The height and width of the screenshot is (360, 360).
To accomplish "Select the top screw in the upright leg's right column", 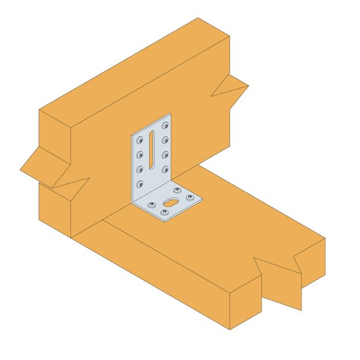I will pos(166,126).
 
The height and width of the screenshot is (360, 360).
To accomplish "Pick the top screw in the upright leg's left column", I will pos(140,140).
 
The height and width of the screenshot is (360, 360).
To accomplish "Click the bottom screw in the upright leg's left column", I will pos(140,184).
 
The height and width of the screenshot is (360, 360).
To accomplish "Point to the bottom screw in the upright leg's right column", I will pos(166,169).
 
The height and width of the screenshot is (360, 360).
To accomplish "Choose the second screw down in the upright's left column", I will pos(140,155).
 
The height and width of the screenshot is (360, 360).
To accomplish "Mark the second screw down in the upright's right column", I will pos(166,140).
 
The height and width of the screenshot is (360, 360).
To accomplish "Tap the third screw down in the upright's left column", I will pos(140,169).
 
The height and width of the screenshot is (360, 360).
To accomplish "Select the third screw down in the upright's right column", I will pos(166,154).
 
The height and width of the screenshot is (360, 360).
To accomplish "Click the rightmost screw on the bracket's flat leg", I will pos(189,197).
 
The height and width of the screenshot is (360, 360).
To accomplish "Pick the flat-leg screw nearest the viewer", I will pos(164,212).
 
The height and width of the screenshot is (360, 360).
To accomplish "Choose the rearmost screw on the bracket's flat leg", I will pos(177,190).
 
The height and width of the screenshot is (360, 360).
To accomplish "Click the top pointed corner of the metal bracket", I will pos(169,114).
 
